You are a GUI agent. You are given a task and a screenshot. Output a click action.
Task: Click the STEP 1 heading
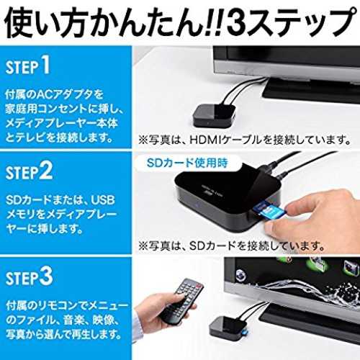click(x=28, y=66)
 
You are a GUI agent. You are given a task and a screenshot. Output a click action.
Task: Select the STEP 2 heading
click(x=29, y=171)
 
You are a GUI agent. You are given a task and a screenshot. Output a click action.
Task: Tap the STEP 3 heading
click(x=29, y=277)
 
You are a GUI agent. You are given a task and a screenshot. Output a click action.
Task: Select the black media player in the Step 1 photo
click(x=214, y=115)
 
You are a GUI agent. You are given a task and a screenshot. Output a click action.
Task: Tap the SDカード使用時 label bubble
click(x=187, y=163)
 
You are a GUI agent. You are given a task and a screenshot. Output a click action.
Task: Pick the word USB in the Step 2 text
click(x=103, y=200)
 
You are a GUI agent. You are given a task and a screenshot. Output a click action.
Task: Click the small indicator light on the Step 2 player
click(x=197, y=207)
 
